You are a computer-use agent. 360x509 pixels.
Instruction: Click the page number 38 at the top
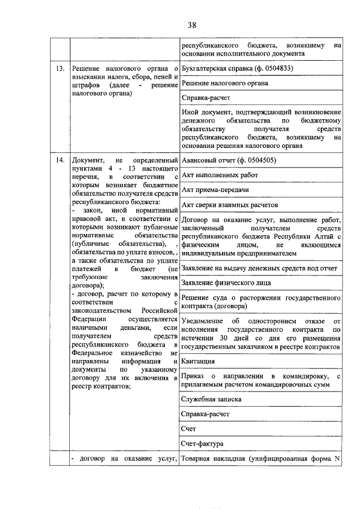191,25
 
